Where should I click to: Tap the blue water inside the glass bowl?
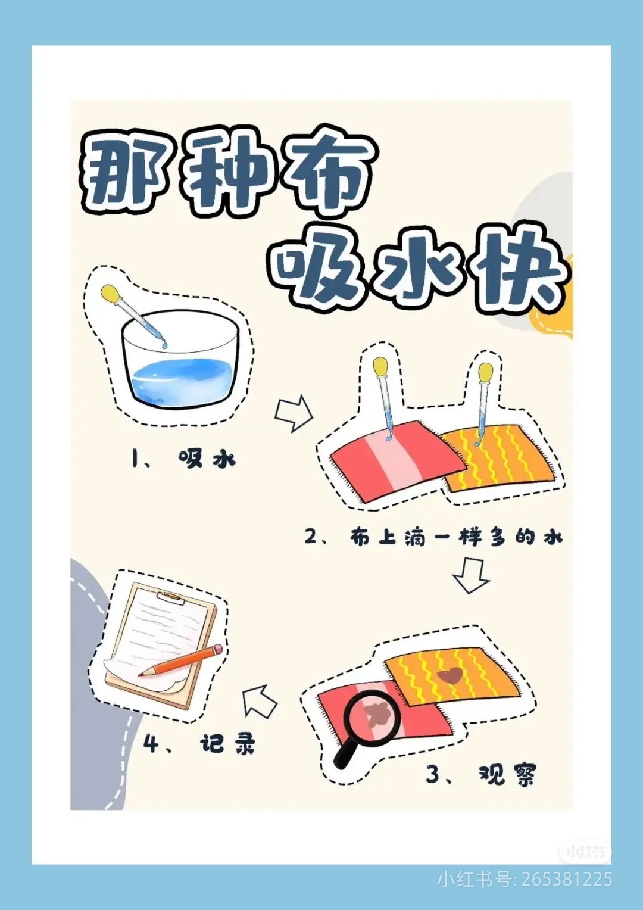(182, 376)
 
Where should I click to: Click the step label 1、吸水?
(183, 460)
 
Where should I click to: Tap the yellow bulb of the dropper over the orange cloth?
(486, 373)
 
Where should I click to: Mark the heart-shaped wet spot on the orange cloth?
(449, 675)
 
